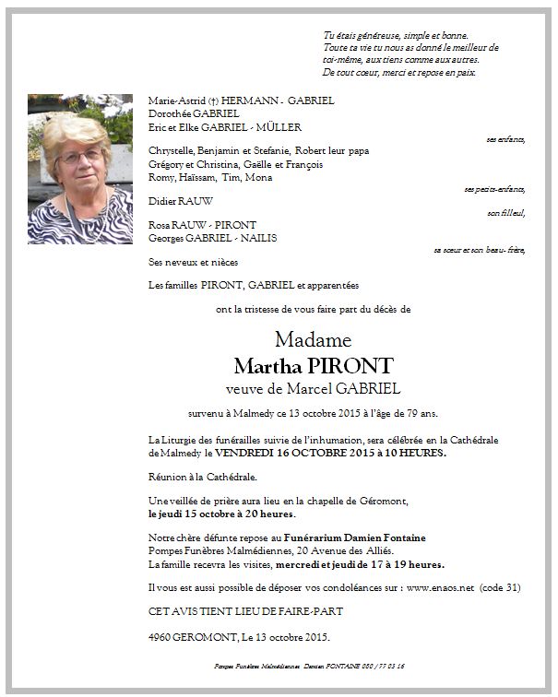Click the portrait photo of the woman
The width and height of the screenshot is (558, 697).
tap(80, 168)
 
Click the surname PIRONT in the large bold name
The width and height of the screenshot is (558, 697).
tap(355, 365)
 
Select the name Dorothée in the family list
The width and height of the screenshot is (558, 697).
tap(168, 113)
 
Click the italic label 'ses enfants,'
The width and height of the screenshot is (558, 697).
tap(505, 139)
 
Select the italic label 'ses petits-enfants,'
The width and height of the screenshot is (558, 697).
tap(494, 188)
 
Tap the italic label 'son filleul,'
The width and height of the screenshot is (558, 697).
tap(506, 213)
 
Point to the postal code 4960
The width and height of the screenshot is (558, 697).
tap(161, 635)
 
